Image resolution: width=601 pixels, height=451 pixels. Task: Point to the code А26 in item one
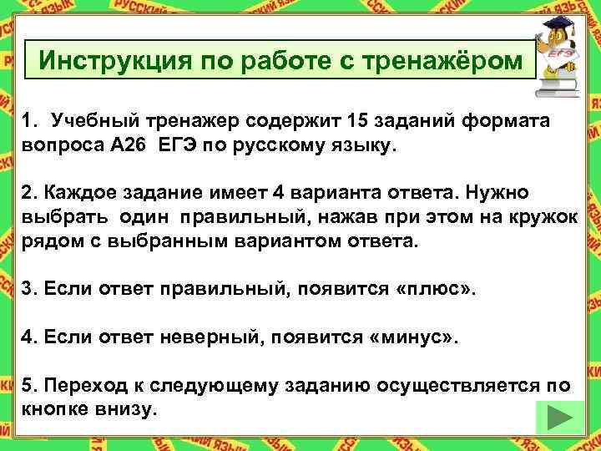[x=134, y=147]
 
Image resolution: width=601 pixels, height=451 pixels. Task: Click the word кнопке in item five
[x=53, y=410]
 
